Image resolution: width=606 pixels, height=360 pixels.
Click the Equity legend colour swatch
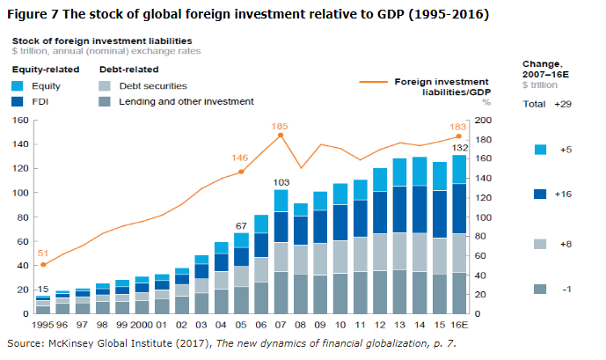[x=18, y=86]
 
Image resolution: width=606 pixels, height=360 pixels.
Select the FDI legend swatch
[x=18, y=101]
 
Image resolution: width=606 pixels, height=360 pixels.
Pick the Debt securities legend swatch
[x=105, y=86]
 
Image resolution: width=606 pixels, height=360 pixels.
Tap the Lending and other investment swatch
[x=105, y=101]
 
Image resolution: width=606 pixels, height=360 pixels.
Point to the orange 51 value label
[x=42, y=253]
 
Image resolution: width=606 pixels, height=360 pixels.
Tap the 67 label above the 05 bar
[x=240, y=224]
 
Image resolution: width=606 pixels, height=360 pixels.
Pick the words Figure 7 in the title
[x=33, y=15]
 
